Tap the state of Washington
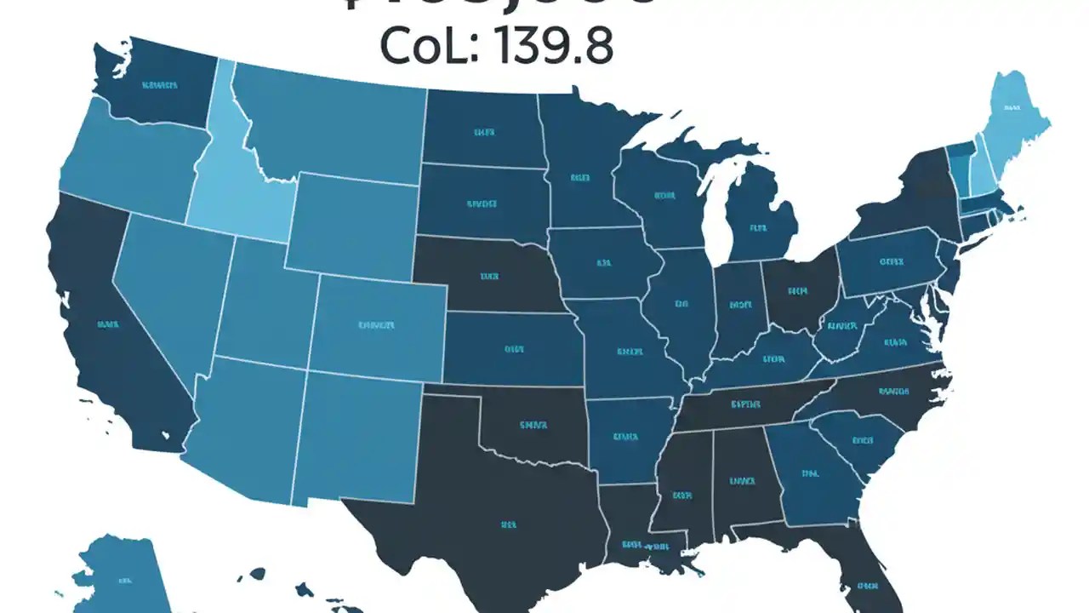157,85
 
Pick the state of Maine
1012,111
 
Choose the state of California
102,332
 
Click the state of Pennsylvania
889,264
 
